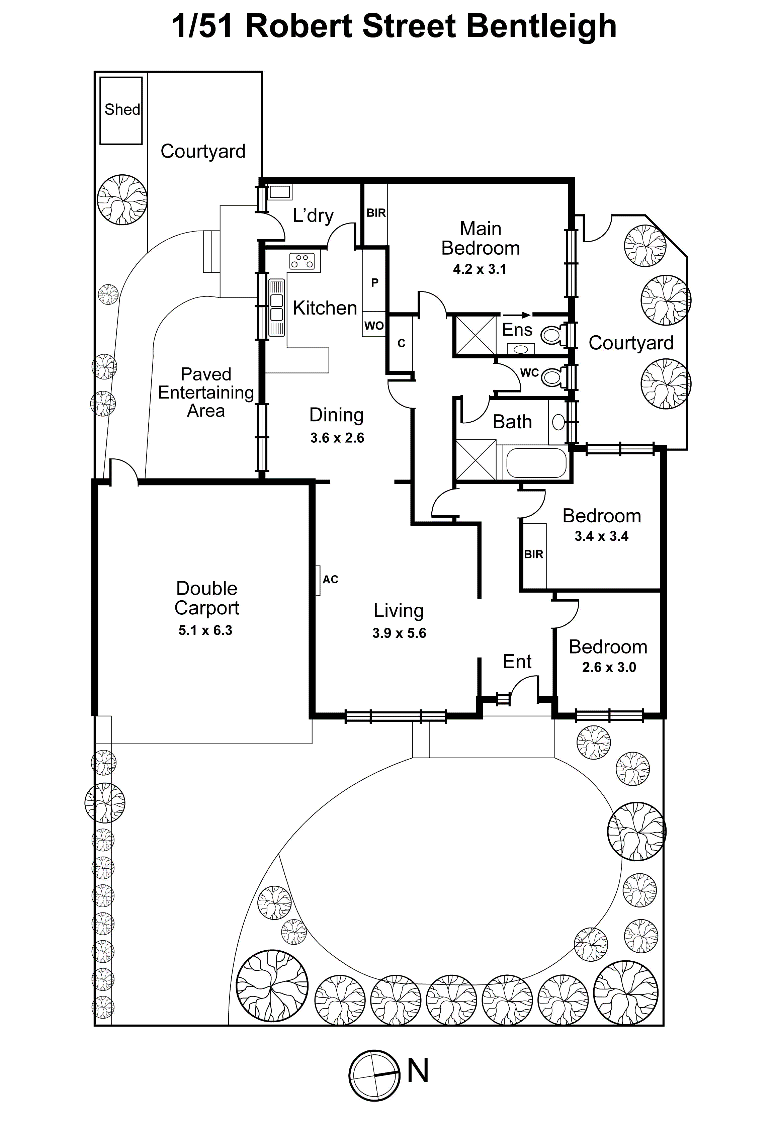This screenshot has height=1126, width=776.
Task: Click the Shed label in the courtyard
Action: point(122,109)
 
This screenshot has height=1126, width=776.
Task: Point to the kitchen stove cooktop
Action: point(302,261)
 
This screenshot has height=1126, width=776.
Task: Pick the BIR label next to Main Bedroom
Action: point(376,213)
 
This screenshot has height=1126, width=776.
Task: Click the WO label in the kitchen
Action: point(374,326)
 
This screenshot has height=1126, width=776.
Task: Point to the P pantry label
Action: point(374,282)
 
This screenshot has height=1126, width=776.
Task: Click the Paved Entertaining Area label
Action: point(206,393)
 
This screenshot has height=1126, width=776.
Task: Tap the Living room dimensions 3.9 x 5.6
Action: point(399,633)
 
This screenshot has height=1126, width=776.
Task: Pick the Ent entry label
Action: point(517,662)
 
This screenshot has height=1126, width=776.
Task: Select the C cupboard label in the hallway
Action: point(401,343)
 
